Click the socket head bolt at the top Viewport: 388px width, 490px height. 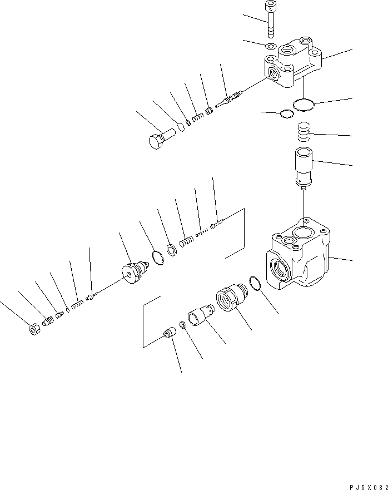271,18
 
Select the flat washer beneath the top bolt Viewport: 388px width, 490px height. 271,46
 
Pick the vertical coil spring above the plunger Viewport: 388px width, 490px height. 304,134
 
